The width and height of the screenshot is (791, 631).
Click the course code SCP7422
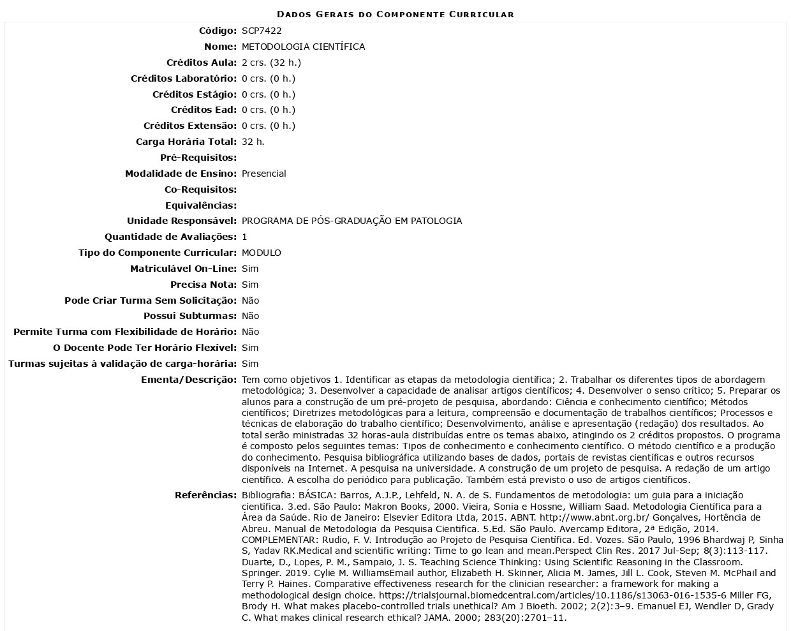click(262, 31)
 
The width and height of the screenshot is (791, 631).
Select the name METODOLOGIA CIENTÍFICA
click(303, 47)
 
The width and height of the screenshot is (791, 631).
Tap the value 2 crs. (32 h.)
click(271, 63)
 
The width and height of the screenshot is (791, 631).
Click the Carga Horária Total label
click(186, 142)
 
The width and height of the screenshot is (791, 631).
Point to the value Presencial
click(263, 174)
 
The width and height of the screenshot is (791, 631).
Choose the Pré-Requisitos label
click(198, 158)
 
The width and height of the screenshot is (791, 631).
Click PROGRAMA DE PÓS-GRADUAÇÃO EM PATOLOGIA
click(351, 221)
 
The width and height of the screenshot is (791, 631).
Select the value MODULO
click(261, 253)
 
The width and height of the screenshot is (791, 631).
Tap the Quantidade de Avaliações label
click(170, 237)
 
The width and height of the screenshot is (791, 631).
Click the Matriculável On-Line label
click(183, 269)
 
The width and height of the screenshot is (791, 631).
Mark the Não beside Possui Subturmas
click(250, 316)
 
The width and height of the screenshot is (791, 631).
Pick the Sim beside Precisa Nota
click(250, 285)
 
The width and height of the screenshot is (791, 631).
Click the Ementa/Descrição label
click(188, 380)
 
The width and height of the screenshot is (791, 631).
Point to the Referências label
click(205, 495)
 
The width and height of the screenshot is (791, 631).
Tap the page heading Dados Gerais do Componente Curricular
click(395, 14)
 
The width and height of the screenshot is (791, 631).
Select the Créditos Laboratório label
click(183, 78)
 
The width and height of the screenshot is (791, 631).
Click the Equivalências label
click(200, 205)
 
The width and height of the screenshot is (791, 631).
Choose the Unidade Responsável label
click(181, 221)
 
